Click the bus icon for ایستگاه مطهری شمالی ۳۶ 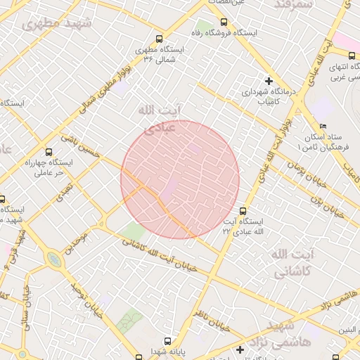(160, 39)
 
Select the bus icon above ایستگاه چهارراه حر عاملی (49, 151)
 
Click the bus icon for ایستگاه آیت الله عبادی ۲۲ (243, 210)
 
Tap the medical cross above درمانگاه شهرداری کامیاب (268, 80)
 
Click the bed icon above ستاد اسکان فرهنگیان (323, 126)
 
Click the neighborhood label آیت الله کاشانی (291, 260)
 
